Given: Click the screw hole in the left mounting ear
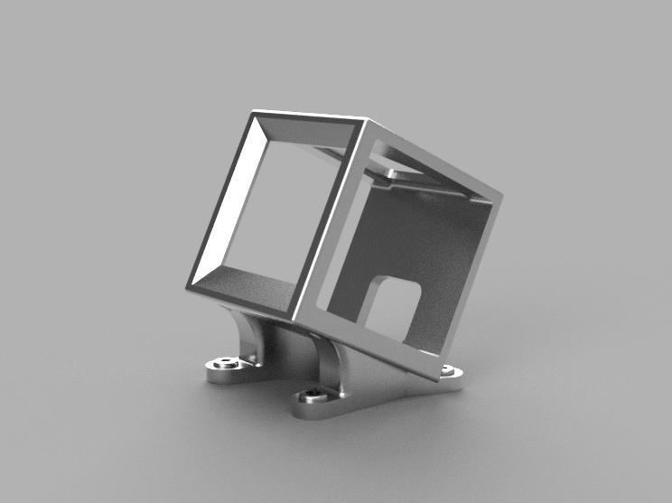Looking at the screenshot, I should tap(222, 365).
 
